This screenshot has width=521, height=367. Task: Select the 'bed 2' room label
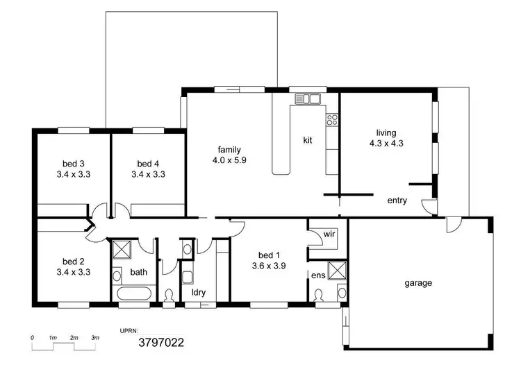coord(73,262)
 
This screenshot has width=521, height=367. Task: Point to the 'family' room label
coord(229,149)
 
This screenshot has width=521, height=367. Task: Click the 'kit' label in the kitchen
coord(308,140)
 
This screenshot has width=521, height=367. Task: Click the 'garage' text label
coord(418,283)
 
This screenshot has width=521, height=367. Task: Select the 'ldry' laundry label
coord(198,292)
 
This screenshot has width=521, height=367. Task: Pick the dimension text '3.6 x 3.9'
coord(269,265)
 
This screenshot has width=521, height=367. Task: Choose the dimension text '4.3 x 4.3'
coord(386,144)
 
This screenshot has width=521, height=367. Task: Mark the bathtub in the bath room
coord(133,293)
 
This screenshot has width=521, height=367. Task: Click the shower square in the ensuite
coord(337,269)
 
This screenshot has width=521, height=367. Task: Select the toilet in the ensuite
coord(320,296)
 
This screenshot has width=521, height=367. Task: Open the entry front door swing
coord(430,205)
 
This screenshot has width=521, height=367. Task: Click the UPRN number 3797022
coord(162,342)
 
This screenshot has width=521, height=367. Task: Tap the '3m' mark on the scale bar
coord(95,337)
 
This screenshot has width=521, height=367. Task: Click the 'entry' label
coord(397,201)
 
